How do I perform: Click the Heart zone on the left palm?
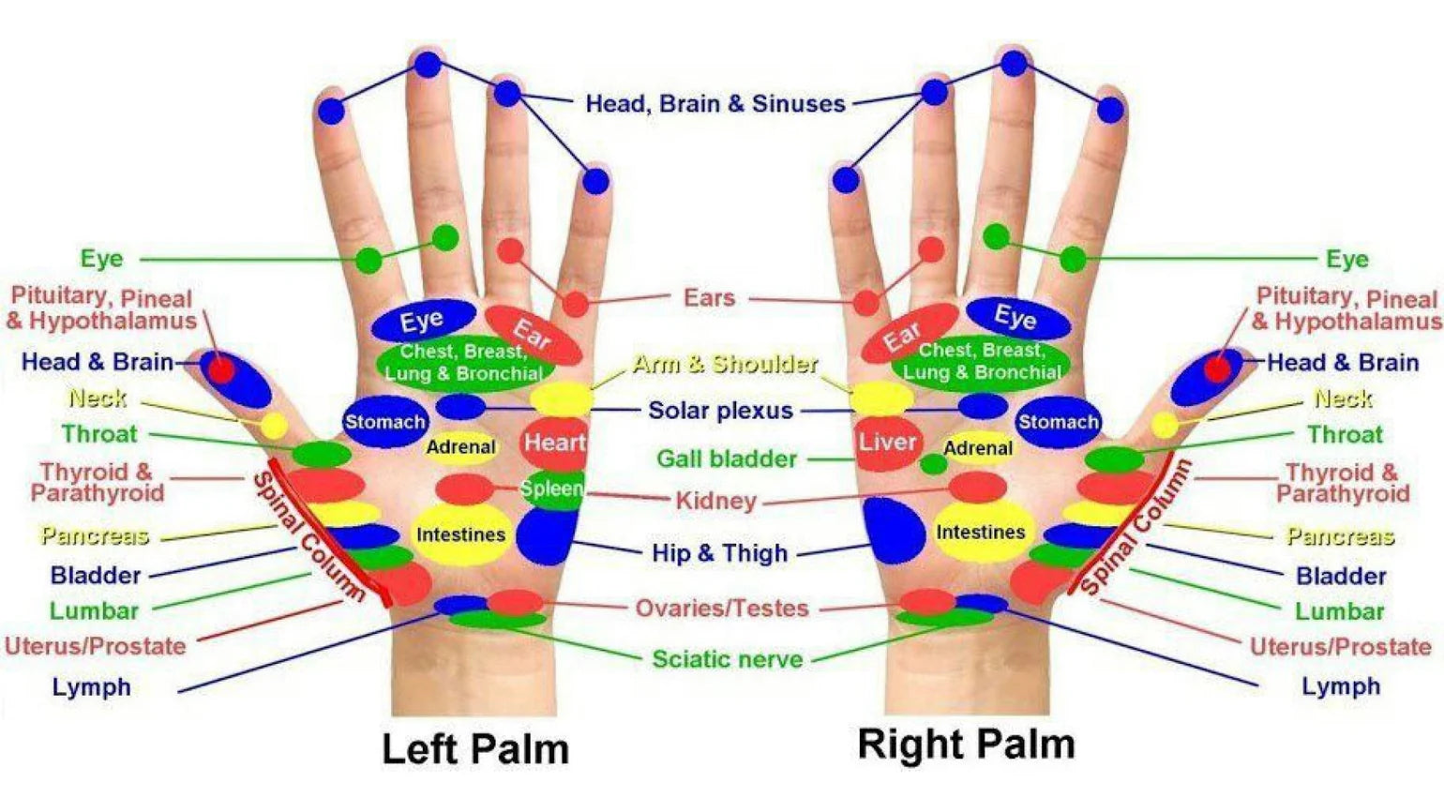554,443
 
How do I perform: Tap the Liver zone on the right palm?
886,443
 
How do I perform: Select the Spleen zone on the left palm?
551,489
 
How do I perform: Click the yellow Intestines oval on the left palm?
460,534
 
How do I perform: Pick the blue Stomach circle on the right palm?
1058,422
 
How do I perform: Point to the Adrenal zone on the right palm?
978,448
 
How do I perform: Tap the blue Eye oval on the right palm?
1016,318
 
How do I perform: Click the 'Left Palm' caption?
475,749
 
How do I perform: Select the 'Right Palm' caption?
966,744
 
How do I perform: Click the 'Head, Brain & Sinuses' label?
715,103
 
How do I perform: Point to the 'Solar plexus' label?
720,410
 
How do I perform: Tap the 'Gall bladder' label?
727,459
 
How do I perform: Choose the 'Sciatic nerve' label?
728,659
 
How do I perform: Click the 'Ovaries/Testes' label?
722,609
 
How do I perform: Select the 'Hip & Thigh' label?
719,553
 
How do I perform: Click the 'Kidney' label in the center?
715,501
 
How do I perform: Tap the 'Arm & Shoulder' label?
725,364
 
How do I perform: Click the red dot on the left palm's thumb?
221,369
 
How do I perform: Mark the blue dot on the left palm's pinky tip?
594,181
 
